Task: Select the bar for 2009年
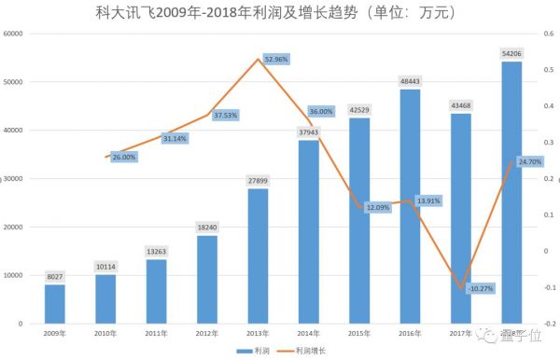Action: tap(55, 303)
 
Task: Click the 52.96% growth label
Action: tap(277, 59)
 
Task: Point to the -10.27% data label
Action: tap(481, 289)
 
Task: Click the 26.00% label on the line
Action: tap(124, 158)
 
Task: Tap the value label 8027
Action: tap(55, 275)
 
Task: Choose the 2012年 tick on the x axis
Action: tap(207, 332)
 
